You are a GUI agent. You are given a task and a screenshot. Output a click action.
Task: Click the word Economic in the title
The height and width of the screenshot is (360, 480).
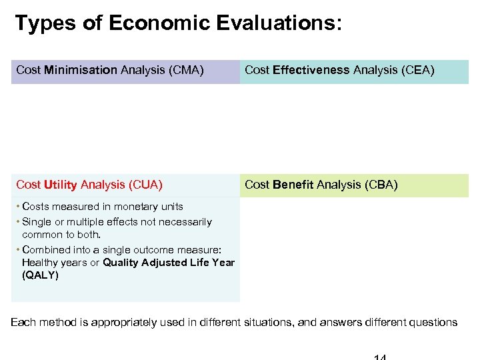pyautogui.click(x=159, y=24)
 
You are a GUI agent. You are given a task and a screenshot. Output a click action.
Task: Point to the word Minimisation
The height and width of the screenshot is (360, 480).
pyautogui.click(x=81, y=70)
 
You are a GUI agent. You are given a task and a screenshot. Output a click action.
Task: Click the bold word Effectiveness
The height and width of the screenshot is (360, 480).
pyautogui.click(x=311, y=70)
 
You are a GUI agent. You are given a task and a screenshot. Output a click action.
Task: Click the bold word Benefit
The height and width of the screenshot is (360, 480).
pyautogui.click(x=293, y=185)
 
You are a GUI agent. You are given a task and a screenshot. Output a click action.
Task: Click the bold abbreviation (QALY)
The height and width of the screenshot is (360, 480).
pyautogui.click(x=40, y=275)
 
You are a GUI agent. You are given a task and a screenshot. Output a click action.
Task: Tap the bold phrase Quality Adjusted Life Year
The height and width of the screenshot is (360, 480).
pyautogui.click(x=169, y=262)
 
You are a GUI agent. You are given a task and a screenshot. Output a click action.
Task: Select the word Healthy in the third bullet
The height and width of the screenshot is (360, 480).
pyautogui.click(x=40, y=262)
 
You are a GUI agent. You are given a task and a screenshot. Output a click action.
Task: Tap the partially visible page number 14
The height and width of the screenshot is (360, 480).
pyautogui.click(x=381, y=357)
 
